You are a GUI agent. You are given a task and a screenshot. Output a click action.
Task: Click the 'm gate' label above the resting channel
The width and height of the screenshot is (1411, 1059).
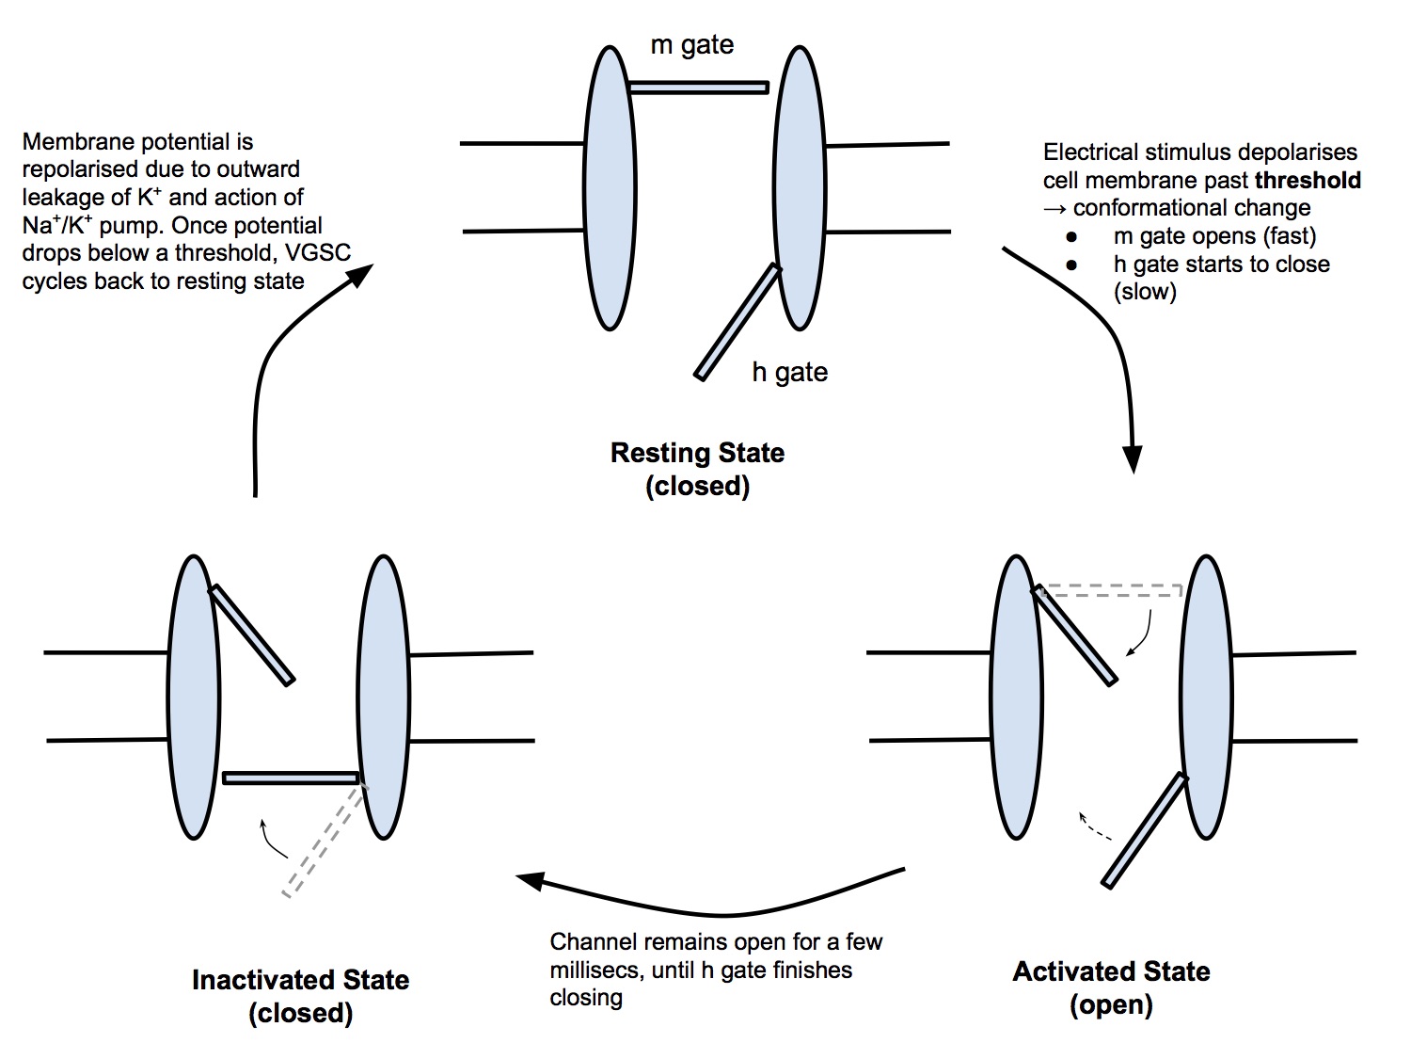(691, 45)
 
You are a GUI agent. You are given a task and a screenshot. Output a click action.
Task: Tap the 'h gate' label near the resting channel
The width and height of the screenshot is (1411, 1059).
(789, 372)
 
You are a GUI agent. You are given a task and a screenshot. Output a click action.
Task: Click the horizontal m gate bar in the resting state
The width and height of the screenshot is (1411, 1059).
(698, 88)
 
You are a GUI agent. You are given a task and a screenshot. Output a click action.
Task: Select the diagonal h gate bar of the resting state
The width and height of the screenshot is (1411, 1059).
(737, 322)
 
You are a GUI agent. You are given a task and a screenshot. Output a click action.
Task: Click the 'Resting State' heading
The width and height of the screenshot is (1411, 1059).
(697, 453)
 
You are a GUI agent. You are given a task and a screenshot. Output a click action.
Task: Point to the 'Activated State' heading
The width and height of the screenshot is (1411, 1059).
(1111, 971)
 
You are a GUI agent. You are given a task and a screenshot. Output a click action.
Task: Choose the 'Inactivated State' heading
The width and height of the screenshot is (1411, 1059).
(300, 980)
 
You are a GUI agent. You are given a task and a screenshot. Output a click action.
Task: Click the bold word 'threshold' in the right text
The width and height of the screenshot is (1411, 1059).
(1308, 180)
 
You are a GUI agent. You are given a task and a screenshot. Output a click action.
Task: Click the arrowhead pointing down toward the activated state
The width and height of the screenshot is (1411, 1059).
(1134, 459)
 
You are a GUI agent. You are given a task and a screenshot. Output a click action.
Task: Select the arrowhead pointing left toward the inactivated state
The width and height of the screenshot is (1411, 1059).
(530, 880)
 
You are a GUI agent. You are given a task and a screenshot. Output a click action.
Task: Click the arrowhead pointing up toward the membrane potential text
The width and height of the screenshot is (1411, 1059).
(360, 274)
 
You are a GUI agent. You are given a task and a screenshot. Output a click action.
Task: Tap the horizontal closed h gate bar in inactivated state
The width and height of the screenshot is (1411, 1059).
(291, 778)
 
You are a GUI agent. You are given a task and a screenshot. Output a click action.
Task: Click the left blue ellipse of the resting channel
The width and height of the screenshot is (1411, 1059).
(610, 188)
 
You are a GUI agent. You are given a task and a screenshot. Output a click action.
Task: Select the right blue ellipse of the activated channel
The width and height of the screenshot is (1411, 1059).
(1206, 697)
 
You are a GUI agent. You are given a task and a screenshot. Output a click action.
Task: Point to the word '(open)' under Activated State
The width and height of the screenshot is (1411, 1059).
(1111, 1004)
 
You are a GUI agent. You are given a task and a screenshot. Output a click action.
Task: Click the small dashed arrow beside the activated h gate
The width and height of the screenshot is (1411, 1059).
(1093, 826)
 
